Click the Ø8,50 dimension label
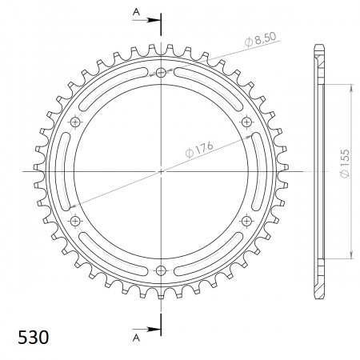tap(260, 39)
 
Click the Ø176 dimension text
tap(199, 150)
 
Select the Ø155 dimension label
tap(345, 163)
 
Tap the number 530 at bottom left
tap(34, 337)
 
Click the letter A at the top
tap(136, 12)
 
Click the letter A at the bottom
tap(136, 338)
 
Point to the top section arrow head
tap(154, 20)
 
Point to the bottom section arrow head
tap(154, 329)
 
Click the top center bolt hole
tap(161, 72)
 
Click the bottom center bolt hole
tap(161, 270)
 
